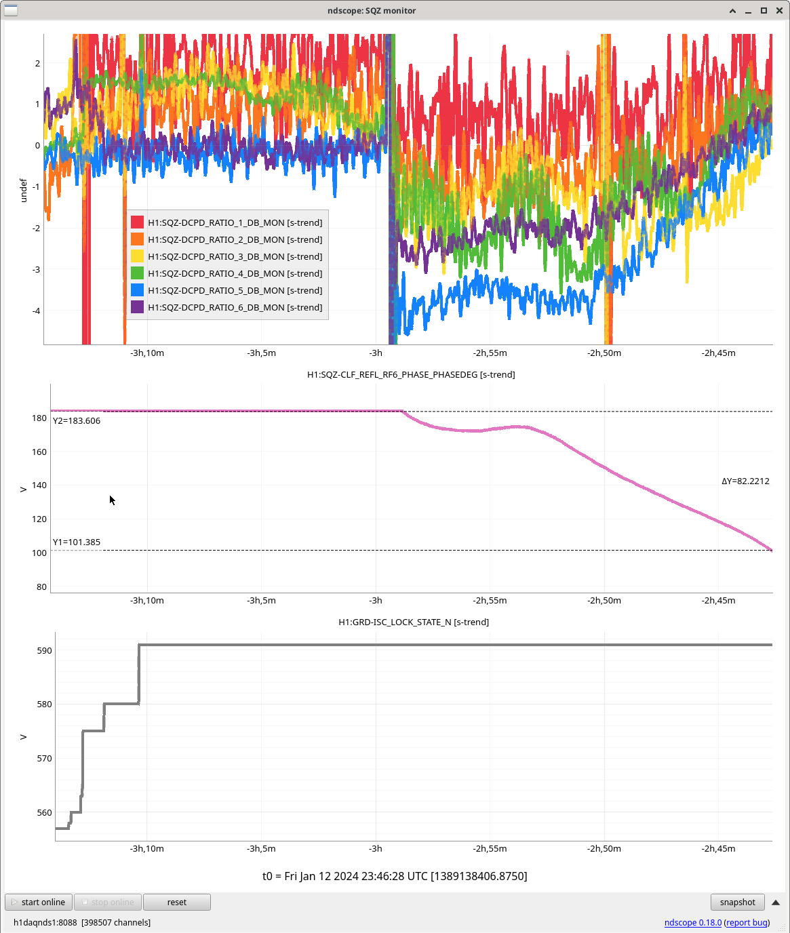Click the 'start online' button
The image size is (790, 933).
pyautogui.click(x=39, y=902)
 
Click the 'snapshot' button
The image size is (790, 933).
pyautogui.click(x=737, y=902)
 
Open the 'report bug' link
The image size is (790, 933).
pyautogui.click(x=747, y=922)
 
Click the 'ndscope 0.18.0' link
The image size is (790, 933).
pyautogui.click(x=692, y=922)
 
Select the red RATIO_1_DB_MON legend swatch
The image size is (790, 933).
pyautogui.click(x=137, y=222)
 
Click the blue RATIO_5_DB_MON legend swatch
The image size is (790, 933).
pyautogui.click(x=137, y=290)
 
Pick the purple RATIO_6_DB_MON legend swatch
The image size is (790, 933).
pyautogui.click(x=137, y=307)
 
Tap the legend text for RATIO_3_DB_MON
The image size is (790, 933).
pyautogui.click(x=235, y=256)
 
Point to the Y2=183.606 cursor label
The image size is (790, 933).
pyautogui.click(x=77, y=421)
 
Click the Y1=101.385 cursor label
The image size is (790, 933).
pyautogui.click(x=77, y=542)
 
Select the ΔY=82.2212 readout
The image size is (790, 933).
pyautogui.click(x=745, y=481)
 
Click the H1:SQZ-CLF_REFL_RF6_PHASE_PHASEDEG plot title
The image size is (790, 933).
pyautogui.click(x=411, y=374)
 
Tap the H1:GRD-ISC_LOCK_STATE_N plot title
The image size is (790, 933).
pyautogui.click(x=414, y=622)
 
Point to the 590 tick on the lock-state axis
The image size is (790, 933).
pyautogui.click(x=44, y=650)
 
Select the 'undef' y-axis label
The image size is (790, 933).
pyautogui.click(x=23, y=190)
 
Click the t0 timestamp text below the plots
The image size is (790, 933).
pyautogui.click(x=395, y=876)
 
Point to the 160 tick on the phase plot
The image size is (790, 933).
pyautogui.click(x=39, y=452)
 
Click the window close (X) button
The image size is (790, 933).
pyautogui.click(x=778, y=10)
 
